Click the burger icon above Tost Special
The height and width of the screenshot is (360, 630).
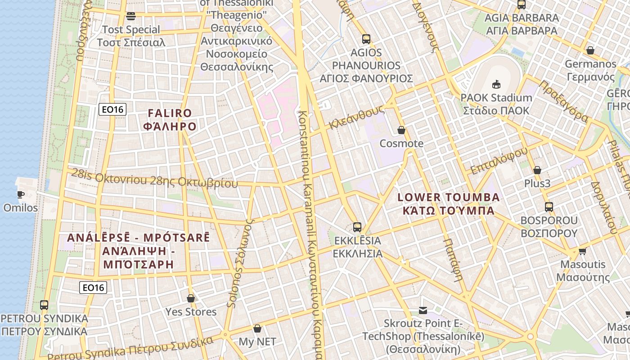(131, 16)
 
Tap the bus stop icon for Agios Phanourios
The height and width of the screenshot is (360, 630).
(366, 39)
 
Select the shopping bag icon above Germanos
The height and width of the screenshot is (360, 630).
(590, 50)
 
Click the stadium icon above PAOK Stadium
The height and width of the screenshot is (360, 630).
(496, 84)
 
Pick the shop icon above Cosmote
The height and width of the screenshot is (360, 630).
(401, 130)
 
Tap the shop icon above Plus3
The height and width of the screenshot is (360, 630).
(537, 170)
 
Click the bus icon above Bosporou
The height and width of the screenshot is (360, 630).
(549, 207)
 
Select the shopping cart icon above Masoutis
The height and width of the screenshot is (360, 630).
(583, 251)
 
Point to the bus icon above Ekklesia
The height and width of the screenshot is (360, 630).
(357, 227)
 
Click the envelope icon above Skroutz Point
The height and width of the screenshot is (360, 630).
(423, 310)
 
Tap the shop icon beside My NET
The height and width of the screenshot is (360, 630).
(257, 329)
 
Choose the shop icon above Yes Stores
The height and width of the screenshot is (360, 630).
(191, 298)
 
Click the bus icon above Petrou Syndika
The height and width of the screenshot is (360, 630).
(44, 305)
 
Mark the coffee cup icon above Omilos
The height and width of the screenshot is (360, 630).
(20, 194)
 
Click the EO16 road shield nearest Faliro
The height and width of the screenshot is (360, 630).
(112, 109)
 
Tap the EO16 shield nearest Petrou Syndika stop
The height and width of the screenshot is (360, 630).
(93, 288)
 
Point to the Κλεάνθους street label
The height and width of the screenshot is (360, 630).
(356, 117)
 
